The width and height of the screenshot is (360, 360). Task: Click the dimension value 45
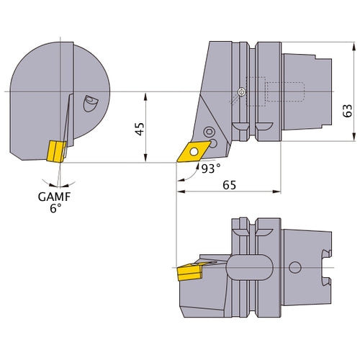(140, 127)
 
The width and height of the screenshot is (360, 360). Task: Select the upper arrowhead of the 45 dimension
(148, 95)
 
